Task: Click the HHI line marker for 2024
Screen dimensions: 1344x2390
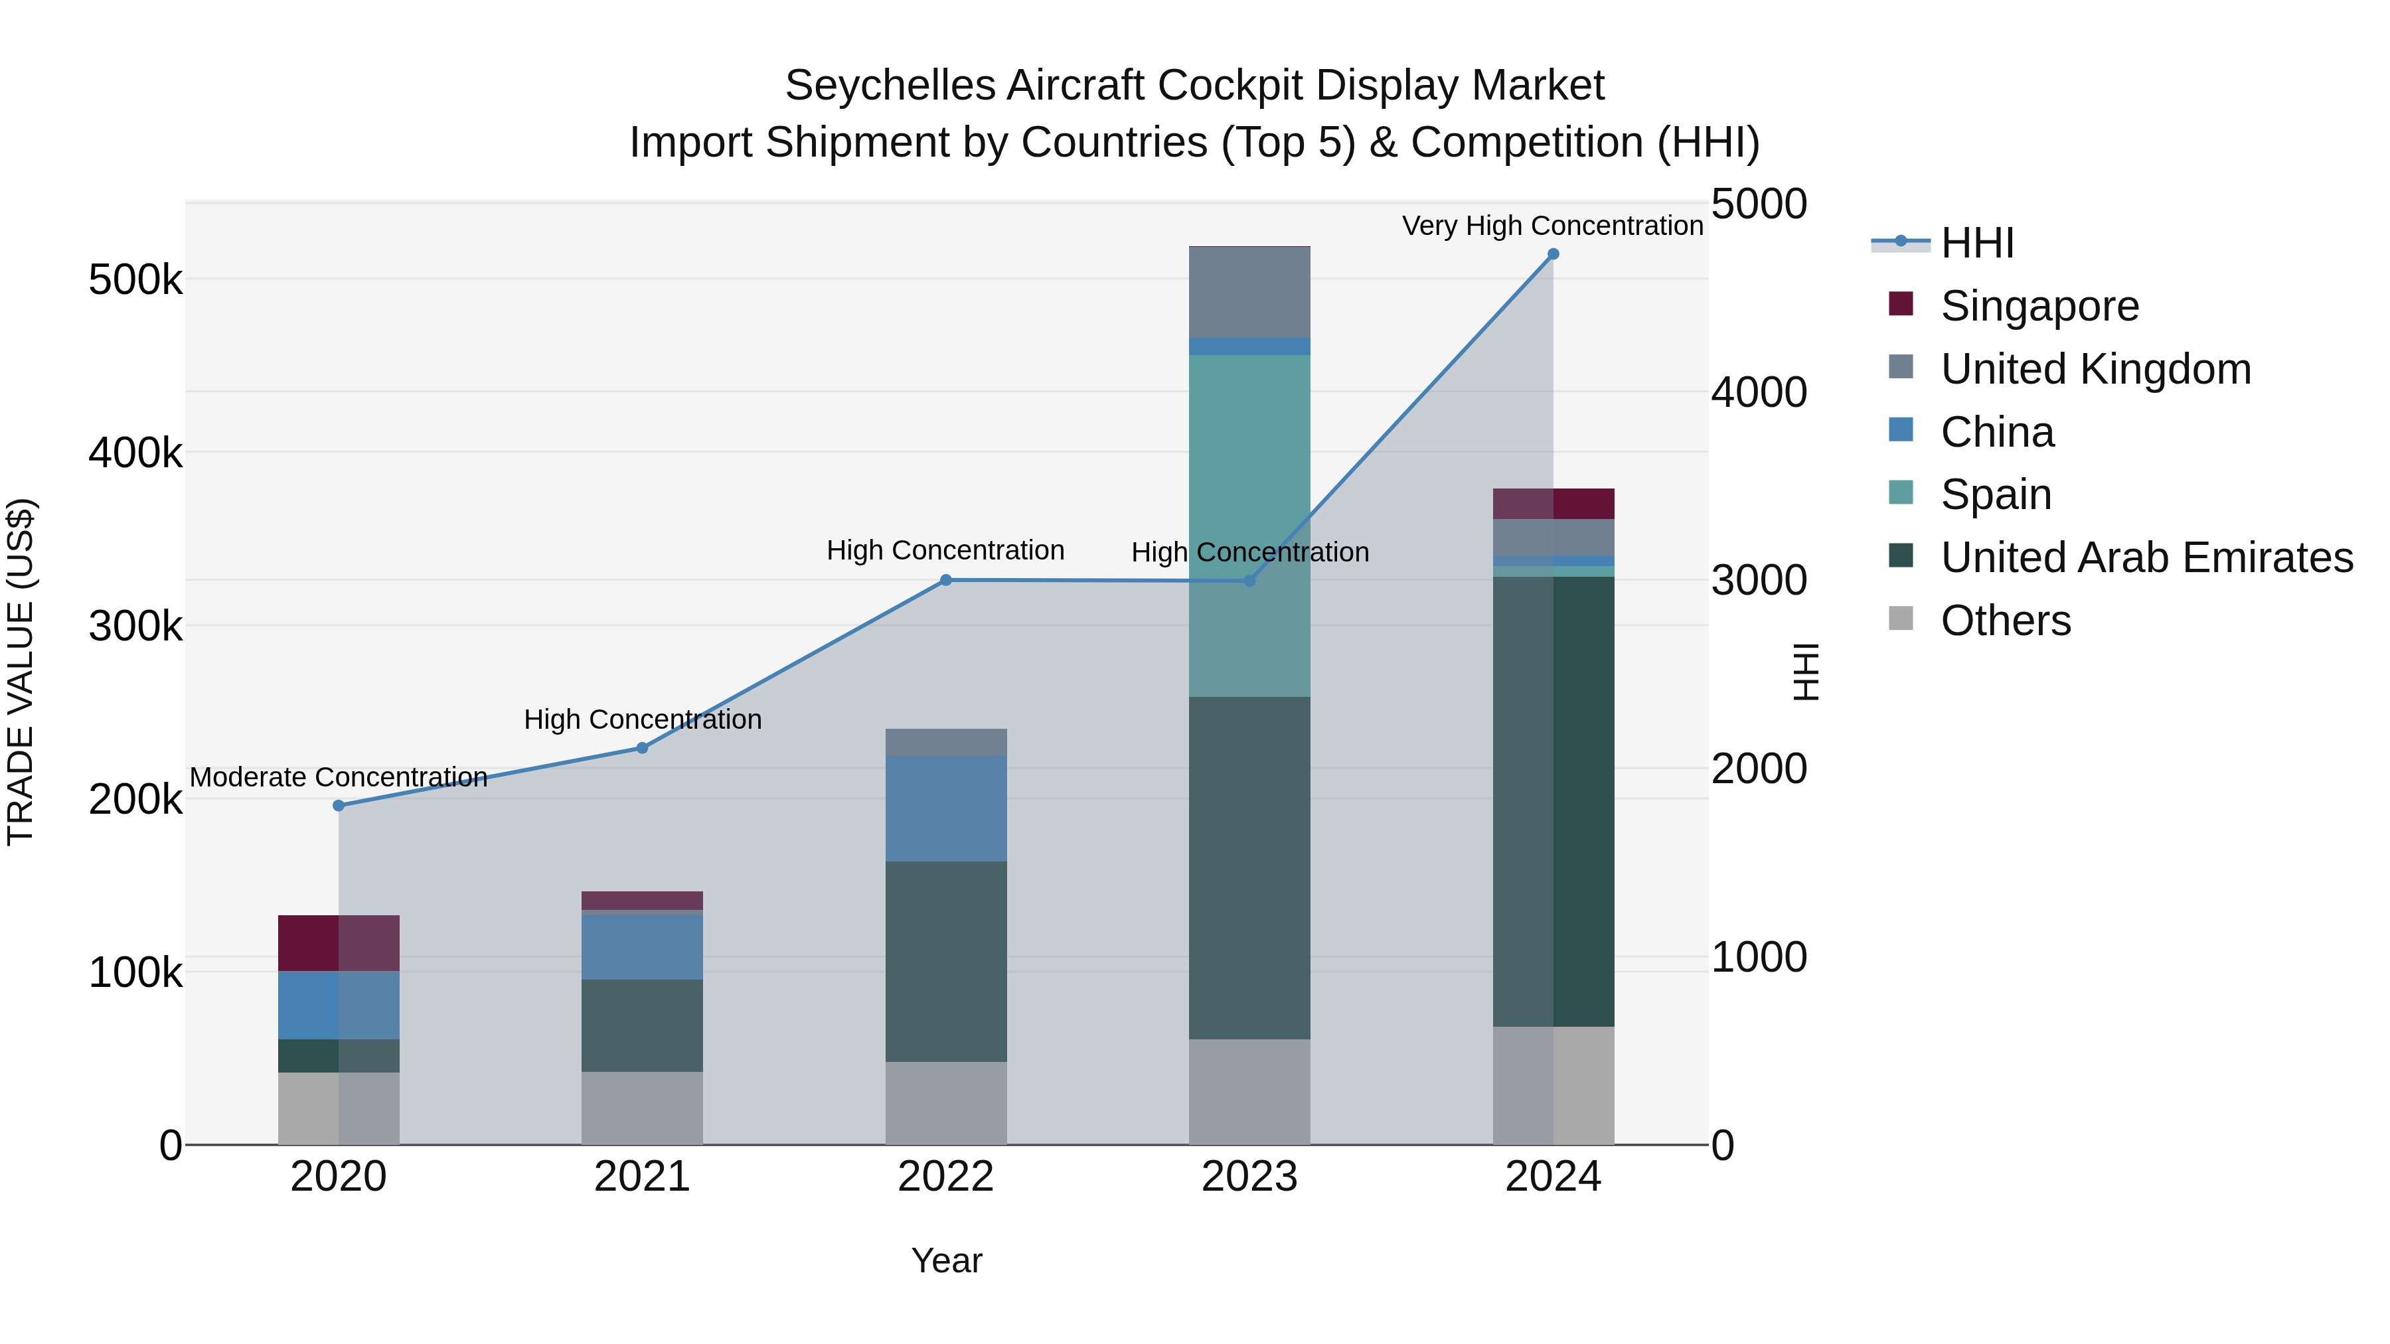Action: click(1553, 254)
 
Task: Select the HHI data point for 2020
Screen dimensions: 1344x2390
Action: click(339, 805)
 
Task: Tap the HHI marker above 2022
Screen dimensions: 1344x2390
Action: click(945, 581)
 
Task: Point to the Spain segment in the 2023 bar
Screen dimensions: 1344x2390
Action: click(1249, 525)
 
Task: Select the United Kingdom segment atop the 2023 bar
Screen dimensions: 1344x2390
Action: click(1249, 292)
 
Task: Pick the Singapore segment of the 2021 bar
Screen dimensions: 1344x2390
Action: click(642, 901)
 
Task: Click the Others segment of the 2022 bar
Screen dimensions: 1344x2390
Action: click(945, 1103)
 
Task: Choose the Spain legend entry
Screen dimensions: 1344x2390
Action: click(1995, 494)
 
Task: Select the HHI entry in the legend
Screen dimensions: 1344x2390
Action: click(1976, 243)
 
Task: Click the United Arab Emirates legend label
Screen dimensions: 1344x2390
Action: click(2146, 558)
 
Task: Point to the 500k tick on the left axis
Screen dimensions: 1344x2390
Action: click(135, 279)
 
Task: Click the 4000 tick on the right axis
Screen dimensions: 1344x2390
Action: click(1758, 392)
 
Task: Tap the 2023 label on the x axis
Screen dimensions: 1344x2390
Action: click(1249, 1177)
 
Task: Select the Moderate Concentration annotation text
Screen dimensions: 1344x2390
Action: click(339, 777)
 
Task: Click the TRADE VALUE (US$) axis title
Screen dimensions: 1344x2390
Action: click(21, 672)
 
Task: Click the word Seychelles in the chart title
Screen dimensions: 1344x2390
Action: click(891, 86)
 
